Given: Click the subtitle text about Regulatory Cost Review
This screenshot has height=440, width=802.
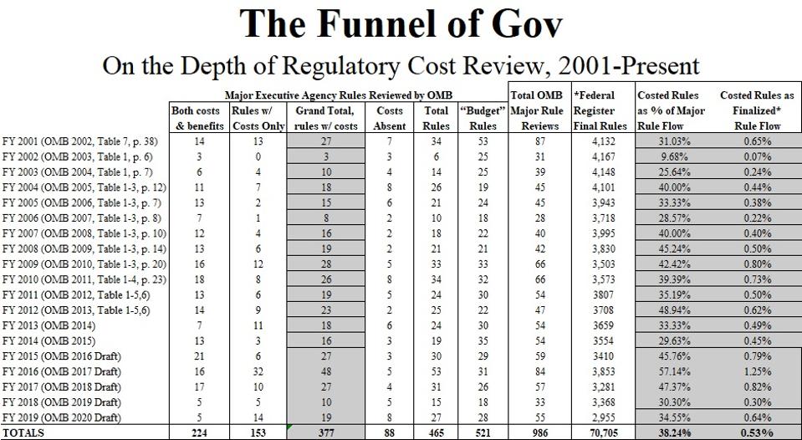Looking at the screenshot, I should point(401,66).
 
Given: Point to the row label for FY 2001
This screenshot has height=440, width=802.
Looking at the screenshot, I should point(84,141).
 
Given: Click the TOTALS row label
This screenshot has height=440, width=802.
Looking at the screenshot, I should point(23,432).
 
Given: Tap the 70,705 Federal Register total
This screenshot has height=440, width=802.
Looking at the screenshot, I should point(595,432).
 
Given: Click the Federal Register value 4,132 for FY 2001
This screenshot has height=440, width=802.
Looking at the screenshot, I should point(595,141).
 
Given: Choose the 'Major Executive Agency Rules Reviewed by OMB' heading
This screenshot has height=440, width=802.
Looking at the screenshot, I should point(338,95).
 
